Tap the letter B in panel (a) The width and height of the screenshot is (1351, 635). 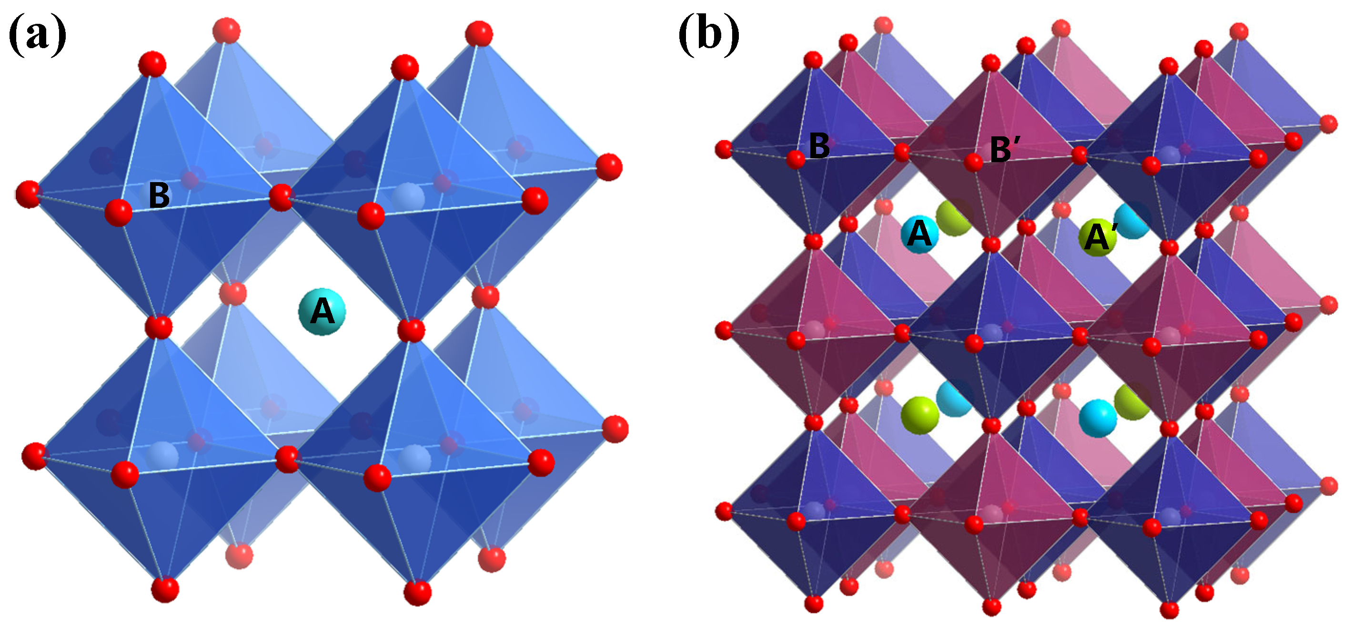(159, 195)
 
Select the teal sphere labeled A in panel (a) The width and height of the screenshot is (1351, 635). (322, 312)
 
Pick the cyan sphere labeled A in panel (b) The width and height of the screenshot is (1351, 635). (919, 235)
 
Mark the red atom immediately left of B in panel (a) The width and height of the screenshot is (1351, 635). (118, 213)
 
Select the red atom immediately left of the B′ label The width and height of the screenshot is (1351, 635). (973, 162)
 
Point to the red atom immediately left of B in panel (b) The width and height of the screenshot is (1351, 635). (796, 159)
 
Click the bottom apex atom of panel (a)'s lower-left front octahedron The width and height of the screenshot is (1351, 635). (165, 589)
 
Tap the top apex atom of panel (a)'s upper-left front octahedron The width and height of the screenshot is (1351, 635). (152, 64)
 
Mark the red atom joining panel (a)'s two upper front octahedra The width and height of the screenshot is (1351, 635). (281, 197)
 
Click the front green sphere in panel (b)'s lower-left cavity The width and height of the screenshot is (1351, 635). (920, 415)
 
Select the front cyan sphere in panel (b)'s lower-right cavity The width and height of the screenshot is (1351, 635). (1098, 418)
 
